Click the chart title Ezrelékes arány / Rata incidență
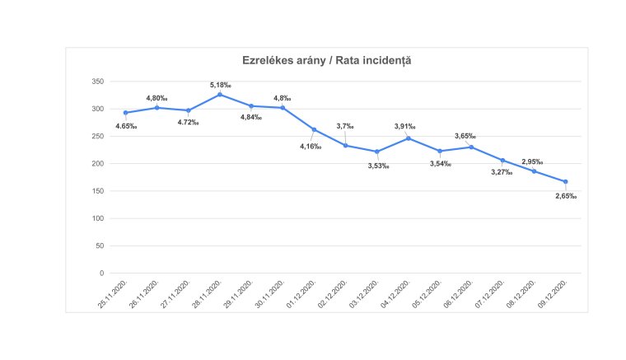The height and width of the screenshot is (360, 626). point(326,60)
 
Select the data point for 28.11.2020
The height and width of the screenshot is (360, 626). point(220,95)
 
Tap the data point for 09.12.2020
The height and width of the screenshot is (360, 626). point(566,182)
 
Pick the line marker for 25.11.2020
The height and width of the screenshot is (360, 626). point(126,113)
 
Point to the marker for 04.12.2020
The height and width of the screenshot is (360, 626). point(409,138)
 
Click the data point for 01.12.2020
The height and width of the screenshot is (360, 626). point(315,129)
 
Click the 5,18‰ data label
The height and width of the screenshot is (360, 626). point(220,84)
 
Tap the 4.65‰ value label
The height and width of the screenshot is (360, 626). point(126,126)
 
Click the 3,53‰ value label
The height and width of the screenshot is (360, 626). point(377,166)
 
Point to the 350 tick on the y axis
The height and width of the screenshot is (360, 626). point(97,82)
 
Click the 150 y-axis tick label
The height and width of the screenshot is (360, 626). point(97,191)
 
